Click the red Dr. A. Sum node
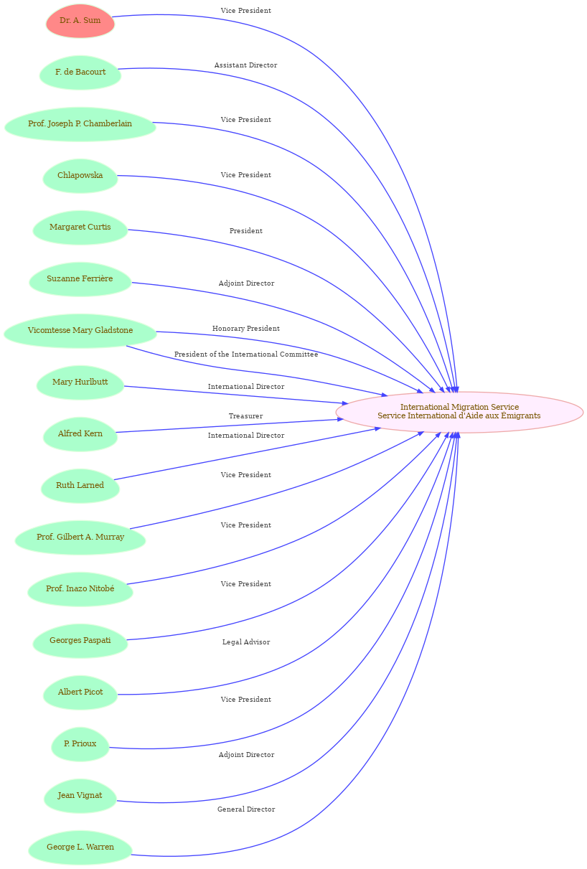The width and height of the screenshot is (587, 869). click(x=80, y=21)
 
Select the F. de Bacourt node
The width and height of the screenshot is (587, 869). click(x=80, y=72)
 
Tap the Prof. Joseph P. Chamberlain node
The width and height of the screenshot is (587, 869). click(x=80, y=123)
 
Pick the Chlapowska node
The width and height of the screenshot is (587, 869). click(x=80, y=175)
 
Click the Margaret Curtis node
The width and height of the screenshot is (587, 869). click(x=80, y=227)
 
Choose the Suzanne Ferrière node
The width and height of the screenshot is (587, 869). click(x=80, y=278)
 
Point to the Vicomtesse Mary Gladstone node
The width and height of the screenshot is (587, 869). click(x=80, y=331)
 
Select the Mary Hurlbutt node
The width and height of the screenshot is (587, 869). click(x=80, y=382)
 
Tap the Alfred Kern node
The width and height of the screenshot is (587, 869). click(x=80, y=433)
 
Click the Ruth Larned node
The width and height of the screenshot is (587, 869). click(x=80, y=485)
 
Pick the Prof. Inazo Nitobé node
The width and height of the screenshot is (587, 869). click(x=80, y=588)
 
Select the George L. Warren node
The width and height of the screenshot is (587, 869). click(x=80, y=847)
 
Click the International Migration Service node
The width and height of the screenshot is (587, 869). click(x=459, y=412)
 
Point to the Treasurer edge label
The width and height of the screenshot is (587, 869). click(x=245, y=416)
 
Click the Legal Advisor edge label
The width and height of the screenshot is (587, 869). click(x=246, y=642)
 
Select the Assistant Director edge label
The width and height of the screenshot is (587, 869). click(x=245, y=65)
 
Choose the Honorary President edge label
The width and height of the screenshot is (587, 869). click(x=246, y=329)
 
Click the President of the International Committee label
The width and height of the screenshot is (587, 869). click(x=246, y=354)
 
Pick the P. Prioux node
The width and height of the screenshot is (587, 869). click(x=80, y=743)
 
